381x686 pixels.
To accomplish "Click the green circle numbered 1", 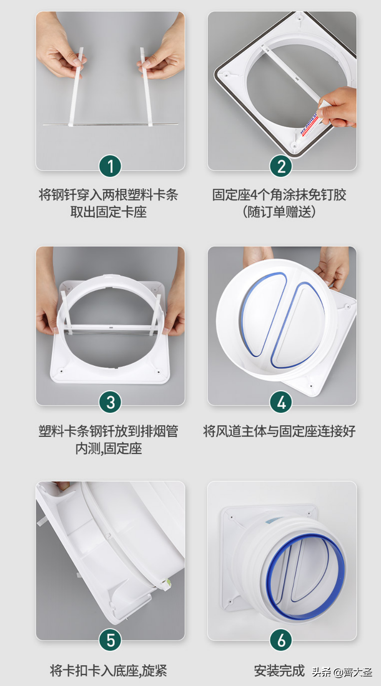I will (x=110, y=167).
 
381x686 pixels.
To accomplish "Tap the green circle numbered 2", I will (x=281, y=167).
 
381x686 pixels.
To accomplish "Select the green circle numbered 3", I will (x=110, y=402).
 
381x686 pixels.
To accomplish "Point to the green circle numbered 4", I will (x=281, y=402).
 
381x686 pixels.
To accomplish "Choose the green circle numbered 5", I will (x=110, y=640).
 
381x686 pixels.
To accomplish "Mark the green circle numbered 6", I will (x=281, y=640).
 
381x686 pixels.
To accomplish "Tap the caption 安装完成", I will (x=279, y=671).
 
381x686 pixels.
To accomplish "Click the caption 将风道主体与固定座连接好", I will (x=279, y=431).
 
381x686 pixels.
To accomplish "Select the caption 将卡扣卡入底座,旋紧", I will (x=108, y=671).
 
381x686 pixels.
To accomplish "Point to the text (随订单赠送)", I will (x=279, y=212).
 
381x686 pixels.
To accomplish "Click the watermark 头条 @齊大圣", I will (x=342, y=672).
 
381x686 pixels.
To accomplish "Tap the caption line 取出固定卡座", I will (x=108, y=212).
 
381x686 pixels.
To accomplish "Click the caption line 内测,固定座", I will (x=108, y=448).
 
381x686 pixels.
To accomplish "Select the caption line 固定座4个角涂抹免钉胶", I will (x=279, y=195).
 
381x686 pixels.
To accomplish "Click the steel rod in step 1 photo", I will (x=111, y=124).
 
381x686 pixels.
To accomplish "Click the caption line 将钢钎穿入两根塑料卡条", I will (x=108, y=195).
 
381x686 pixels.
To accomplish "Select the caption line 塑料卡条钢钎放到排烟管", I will (x=108, y=431).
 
